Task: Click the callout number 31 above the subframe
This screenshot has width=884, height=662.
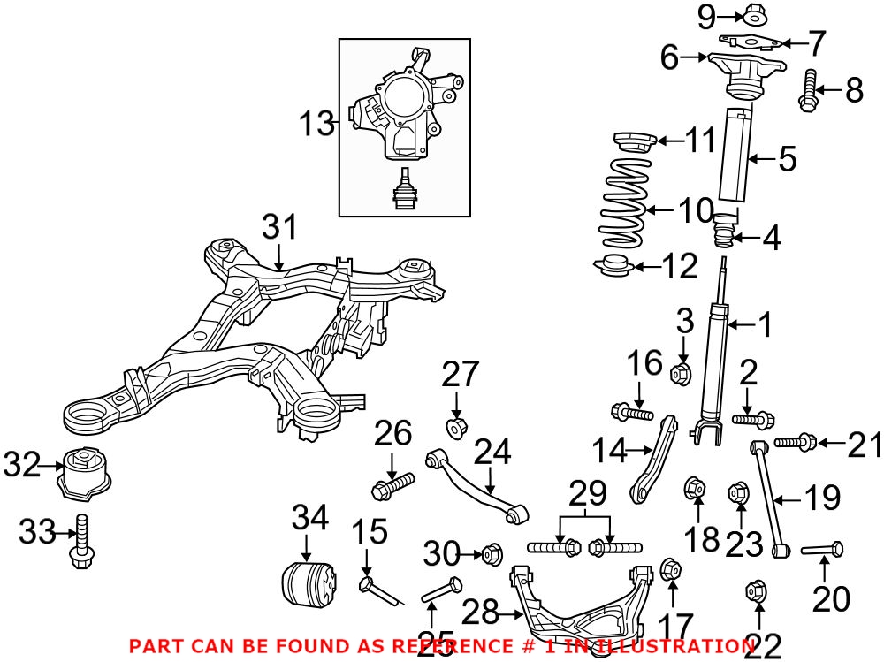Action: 280,228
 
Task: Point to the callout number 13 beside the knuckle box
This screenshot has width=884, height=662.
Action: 315,125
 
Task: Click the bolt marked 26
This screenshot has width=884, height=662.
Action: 393,484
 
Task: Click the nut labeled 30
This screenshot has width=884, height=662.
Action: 492,555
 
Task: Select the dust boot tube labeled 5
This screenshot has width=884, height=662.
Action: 736,156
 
